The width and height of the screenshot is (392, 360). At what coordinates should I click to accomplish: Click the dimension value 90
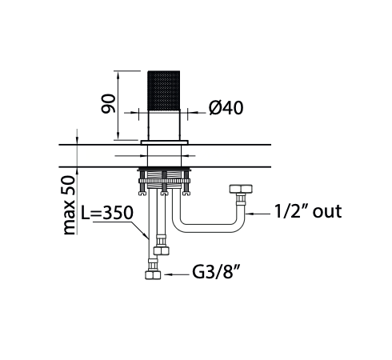click(x=109, y=103)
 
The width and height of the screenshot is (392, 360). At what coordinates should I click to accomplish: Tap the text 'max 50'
click(x=70, y=205)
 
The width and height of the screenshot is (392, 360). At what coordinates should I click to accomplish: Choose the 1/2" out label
click(x=307, y=211)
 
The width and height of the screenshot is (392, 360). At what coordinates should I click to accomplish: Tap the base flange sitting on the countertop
click(x=165, y=143)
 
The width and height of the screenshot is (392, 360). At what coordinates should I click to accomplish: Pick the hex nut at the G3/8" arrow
click(x=152, y=274)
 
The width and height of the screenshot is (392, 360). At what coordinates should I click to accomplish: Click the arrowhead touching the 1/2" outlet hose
click(x=251, y=214)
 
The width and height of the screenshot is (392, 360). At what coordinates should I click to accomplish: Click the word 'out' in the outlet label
click(x=327, y=211)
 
